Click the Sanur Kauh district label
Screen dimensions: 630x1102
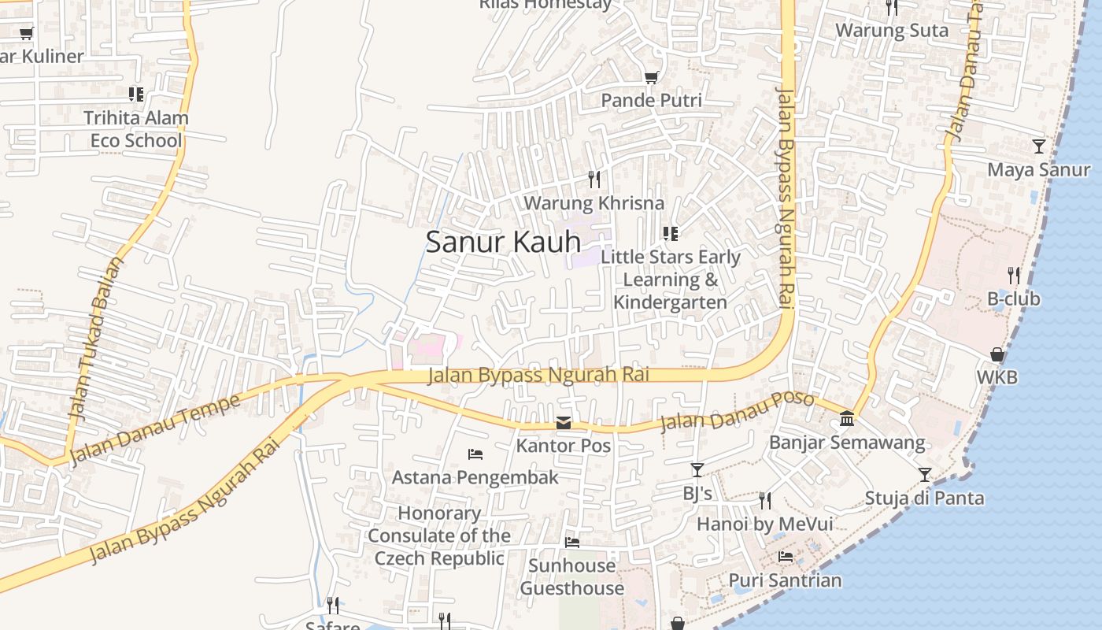point(503,242)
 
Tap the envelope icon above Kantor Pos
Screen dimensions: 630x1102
point(564,424)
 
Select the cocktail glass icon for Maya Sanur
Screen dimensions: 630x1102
point(1039,146)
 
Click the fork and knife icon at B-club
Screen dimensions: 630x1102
point(1014,276)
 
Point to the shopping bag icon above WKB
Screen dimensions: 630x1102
point(997,354)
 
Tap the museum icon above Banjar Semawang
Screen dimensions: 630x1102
point(847,418)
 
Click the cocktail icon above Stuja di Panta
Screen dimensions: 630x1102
point(925,475)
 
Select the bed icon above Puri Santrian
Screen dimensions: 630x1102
point(786,557)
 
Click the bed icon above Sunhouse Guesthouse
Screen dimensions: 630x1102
point(572,543)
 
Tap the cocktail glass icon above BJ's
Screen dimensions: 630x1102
point(697,470)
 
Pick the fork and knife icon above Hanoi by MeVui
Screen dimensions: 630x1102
point(764,500)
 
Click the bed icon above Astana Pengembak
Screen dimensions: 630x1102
point(475,454)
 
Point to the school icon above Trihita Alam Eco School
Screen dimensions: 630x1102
point(136,94)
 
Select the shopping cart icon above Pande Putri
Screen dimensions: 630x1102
point(651,77)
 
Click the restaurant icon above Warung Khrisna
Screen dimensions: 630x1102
point(594,180)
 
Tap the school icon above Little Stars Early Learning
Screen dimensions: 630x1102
point(671,234)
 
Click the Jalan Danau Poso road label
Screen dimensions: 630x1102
point(737,410)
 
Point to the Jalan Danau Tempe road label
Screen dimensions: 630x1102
point(155,429)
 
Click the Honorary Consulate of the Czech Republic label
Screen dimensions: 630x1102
point(439,535)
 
